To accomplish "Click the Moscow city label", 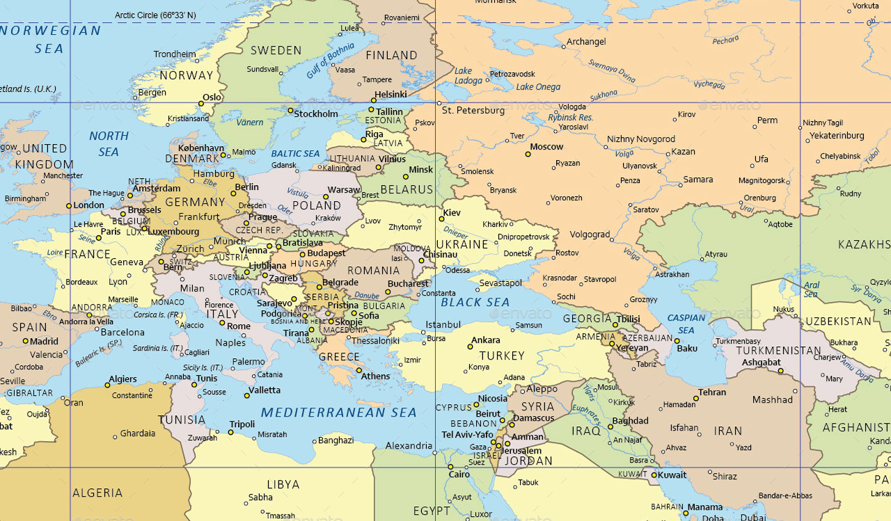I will tap(546, 147).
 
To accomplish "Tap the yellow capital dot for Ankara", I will tap(469, 346).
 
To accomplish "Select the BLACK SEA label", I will tap(475, 302).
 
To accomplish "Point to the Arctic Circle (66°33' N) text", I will tap(155, 15).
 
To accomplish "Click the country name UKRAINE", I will tap(462, 244).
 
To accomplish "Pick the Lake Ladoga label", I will tap(468, 76).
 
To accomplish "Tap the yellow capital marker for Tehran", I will tap(695, 399).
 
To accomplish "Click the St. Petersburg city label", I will tap(473, 111).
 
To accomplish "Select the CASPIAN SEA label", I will tap(686, 324).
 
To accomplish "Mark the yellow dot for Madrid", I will tap(26, 341).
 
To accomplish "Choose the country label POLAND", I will tap(317, 205).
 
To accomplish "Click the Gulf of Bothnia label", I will tap(331, 61).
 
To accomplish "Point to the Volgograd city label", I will tap(590, 234).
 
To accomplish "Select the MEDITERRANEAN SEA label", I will tap(338, 412).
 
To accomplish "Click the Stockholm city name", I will tap(316, 113).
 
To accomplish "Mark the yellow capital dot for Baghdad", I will tap(608, 426).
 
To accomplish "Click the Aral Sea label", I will tap(811, 289).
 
